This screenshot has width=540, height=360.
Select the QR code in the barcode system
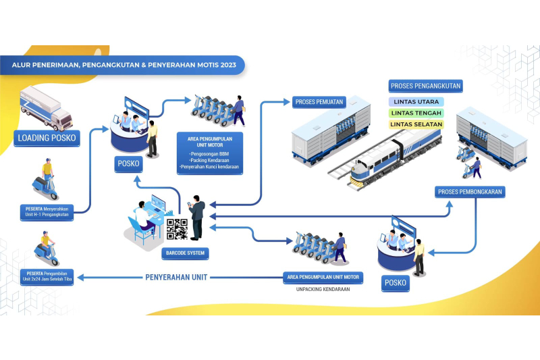tap(176, 229)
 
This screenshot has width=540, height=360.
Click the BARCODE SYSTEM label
tap(184, 254)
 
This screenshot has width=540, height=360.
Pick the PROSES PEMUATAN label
tap(319, 102)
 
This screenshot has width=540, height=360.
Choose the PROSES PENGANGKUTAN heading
tap(426, 86)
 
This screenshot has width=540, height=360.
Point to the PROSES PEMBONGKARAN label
tap(470, 192)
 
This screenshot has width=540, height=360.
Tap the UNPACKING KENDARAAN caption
tap(323, 289)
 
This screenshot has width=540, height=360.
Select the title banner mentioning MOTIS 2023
tap(124, 66)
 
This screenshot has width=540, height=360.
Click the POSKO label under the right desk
tap(395, 282)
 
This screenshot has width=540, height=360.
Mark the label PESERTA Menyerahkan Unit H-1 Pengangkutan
tap(46, 210)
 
